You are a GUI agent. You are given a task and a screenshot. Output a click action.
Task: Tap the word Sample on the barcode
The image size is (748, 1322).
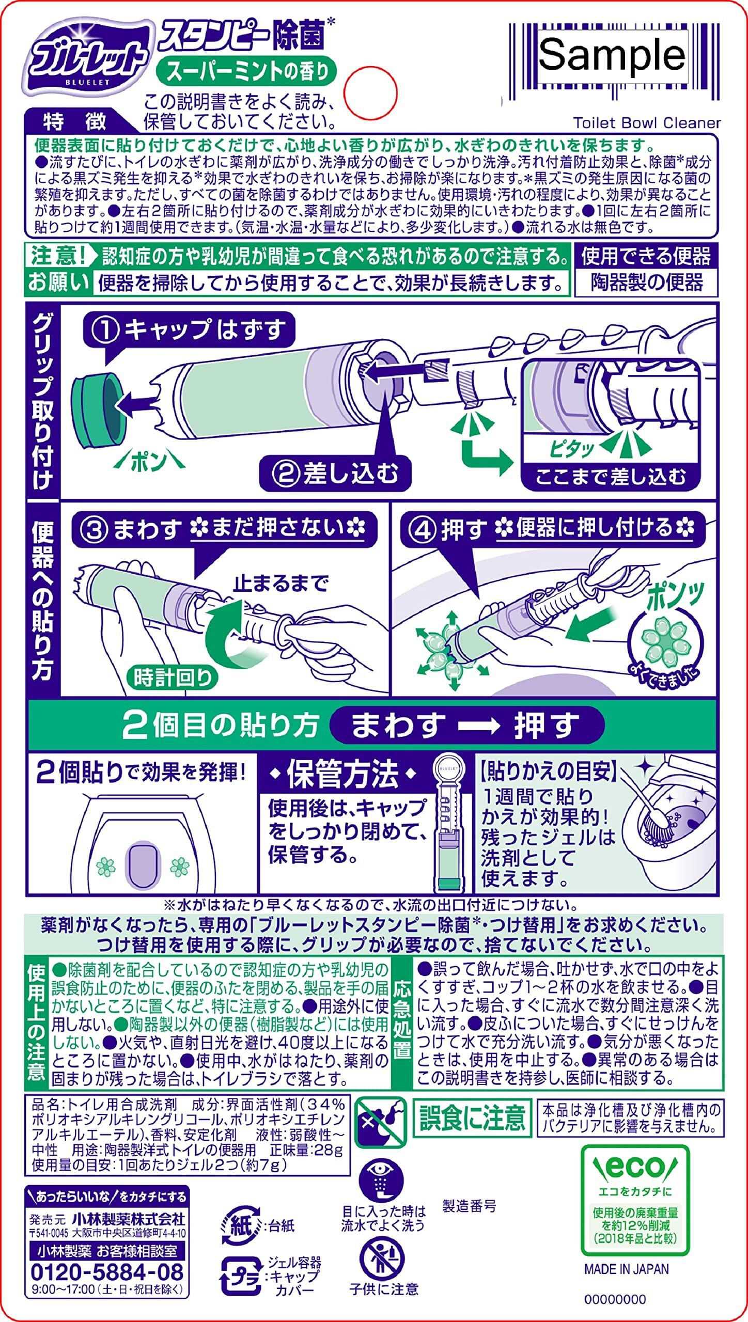(x=612, y=55)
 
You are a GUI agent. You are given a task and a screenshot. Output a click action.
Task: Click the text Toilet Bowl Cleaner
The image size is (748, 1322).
(x=647, y=123)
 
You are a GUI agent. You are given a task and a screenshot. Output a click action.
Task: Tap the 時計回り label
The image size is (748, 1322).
(x=172, y=678)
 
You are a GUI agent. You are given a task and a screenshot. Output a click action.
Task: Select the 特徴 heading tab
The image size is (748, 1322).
(x=75, y=121)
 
